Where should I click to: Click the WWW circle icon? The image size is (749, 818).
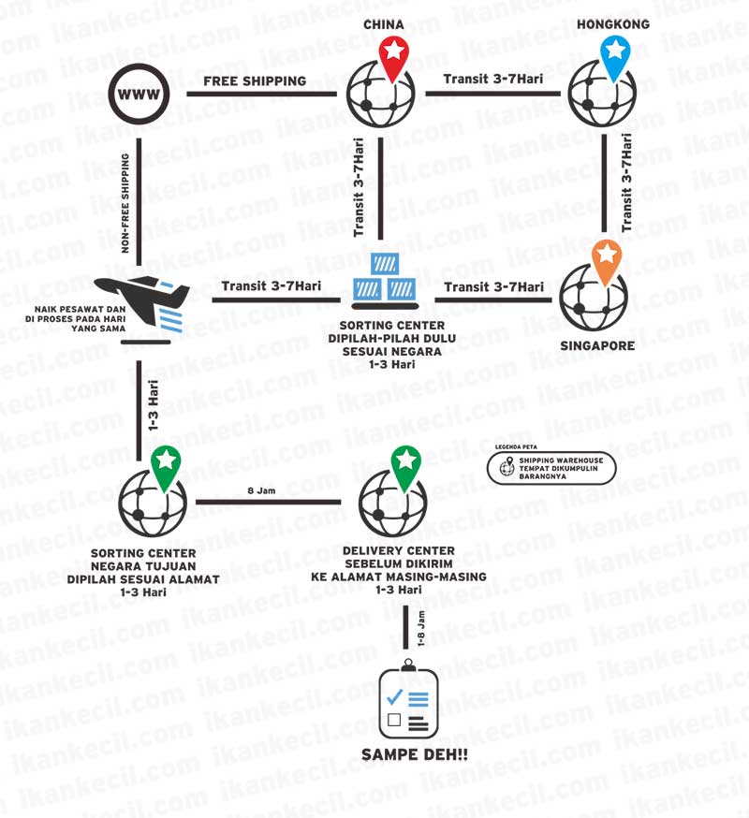click(139, 95)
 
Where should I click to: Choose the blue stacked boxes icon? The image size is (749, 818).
click(385, 279)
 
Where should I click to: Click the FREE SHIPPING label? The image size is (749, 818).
click(255, 80)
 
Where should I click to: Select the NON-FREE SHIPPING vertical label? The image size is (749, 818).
click(125, 203)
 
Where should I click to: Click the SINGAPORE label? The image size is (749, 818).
click(597, 345)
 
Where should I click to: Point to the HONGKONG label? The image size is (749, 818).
click(613, 24)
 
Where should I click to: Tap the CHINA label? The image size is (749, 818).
click(384, 24)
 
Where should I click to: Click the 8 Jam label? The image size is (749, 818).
click(261, 490)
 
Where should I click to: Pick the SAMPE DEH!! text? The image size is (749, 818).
click(415, 754)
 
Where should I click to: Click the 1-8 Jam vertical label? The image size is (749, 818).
click(421, 629)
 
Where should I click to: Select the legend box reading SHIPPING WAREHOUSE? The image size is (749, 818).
click(551, 468)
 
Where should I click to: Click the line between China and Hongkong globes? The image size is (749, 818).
click(493, 94)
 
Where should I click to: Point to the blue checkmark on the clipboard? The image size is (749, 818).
click(394, 696)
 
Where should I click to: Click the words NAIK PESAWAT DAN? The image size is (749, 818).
click(80, 309)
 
